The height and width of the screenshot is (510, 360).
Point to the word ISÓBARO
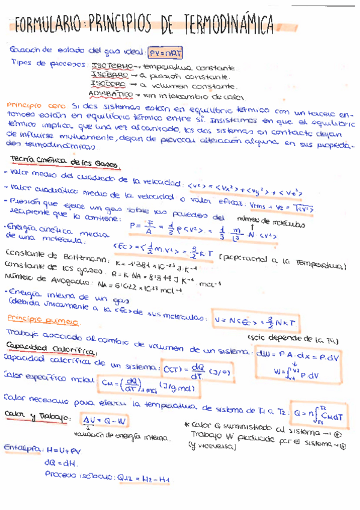click(x=109, y=76)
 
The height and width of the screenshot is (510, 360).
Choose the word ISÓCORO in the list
click(x=109, y=85)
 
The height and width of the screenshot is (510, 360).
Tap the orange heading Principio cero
click(x=30, y=105)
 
